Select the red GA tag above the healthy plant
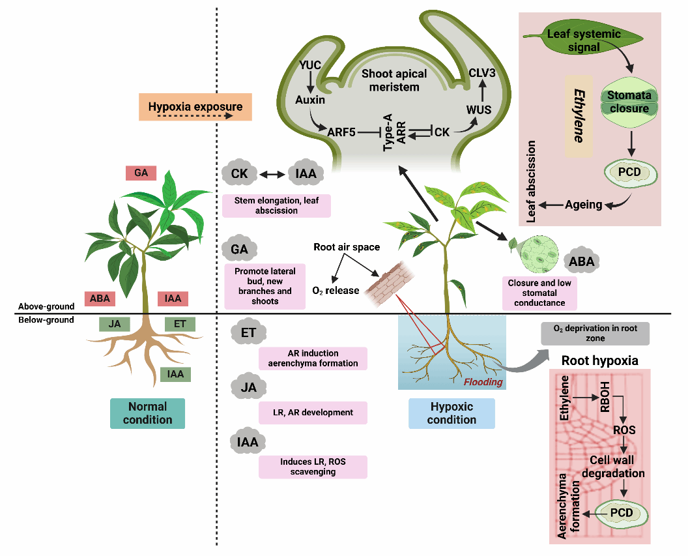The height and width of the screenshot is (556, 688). (x=141, y=173)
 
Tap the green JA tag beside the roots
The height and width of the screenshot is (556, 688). (x=115, y=324)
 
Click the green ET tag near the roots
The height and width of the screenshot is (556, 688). (x=180, y=324)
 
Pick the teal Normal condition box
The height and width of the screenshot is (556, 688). (x=147, y=413)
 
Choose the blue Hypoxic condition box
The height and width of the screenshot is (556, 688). (x=451, y=413)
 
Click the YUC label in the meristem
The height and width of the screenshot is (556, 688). (x=311, y=65)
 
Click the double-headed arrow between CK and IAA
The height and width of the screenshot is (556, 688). (x=273, y=174)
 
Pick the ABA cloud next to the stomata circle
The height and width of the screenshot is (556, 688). (x=581, y=259)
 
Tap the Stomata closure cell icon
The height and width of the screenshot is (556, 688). (x=629, y=102)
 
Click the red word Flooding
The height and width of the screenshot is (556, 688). (x=483, y=382)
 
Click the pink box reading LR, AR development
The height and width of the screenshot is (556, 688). (x=313, y=412)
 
